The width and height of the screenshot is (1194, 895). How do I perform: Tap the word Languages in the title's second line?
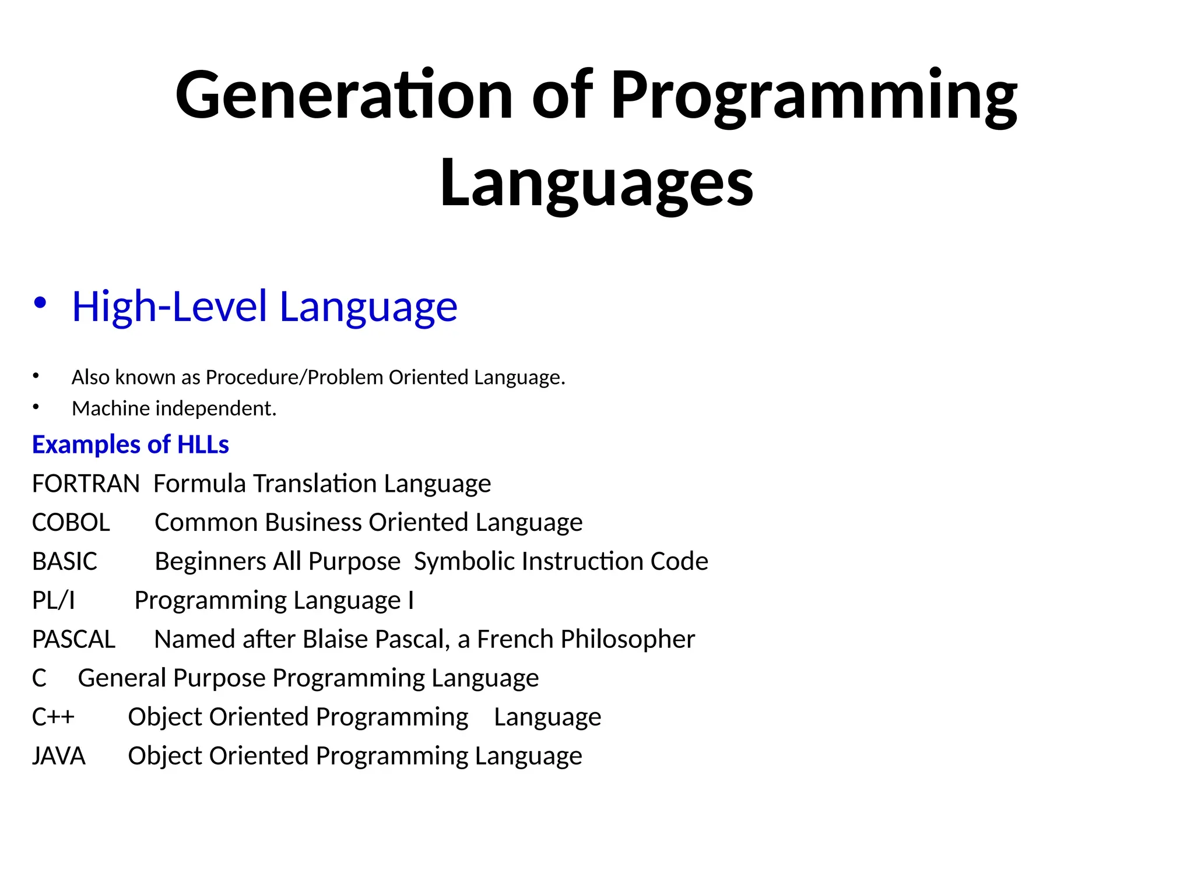point(596,183)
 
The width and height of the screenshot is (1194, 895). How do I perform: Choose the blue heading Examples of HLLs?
point(130,445)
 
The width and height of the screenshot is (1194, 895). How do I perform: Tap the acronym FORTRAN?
point(86,484)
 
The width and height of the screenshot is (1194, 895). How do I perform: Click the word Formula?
point(199,484)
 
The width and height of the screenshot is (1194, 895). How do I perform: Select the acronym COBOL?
point(71,522)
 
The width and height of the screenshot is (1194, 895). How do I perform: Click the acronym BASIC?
point(64,561)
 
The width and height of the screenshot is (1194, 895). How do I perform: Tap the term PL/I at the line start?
point(53,600)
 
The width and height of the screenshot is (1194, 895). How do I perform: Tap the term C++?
point(52,717)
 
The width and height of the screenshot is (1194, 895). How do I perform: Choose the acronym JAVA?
point(58,756)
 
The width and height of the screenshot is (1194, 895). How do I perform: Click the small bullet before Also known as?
point(36,376)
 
